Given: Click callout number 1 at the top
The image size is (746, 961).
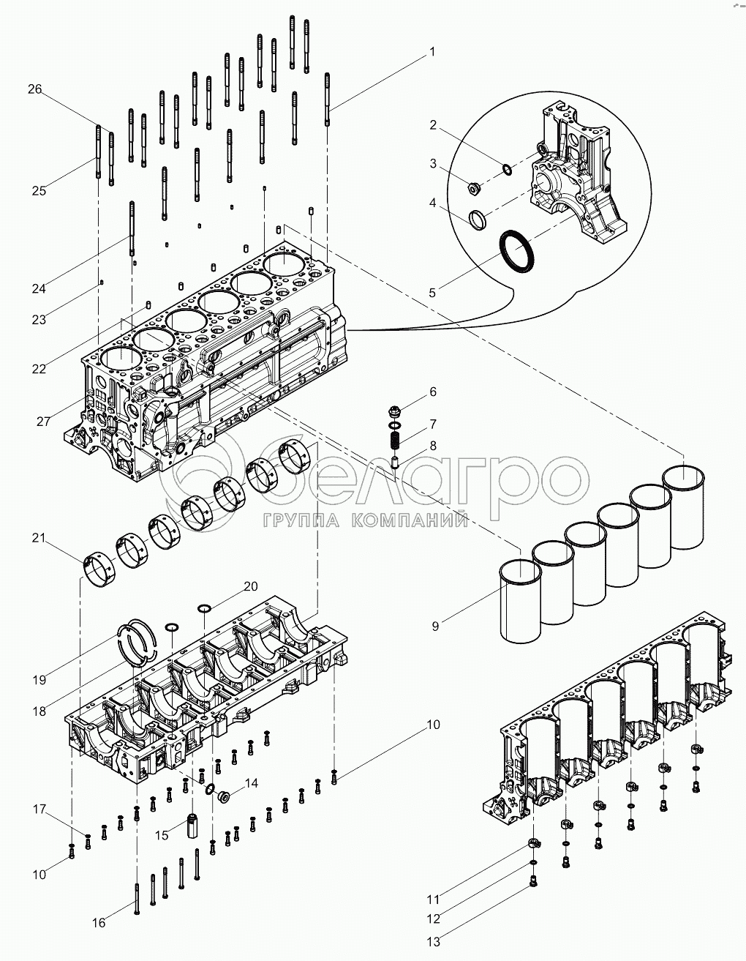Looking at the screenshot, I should click(x=432, y=52).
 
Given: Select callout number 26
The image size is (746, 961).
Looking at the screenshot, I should click(x=35, y=89).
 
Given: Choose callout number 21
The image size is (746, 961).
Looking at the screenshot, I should click(x=38, y=539).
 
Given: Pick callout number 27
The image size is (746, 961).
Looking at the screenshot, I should click(x=42, y=422).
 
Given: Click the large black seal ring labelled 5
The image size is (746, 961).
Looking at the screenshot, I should click(x=516, y=251).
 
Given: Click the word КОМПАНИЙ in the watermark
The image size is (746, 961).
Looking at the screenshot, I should click(x=410, y=520).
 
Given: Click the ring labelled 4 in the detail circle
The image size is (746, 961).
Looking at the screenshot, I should click(x=478, y=218).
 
